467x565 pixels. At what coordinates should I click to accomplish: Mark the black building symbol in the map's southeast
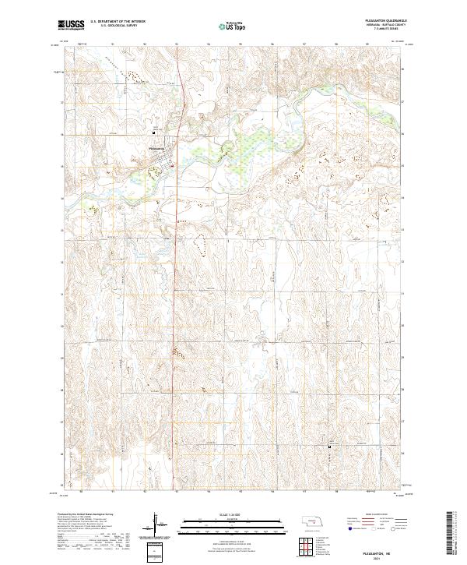pos(329,447)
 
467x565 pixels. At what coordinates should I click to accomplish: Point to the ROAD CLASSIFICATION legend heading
pos(369,515)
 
